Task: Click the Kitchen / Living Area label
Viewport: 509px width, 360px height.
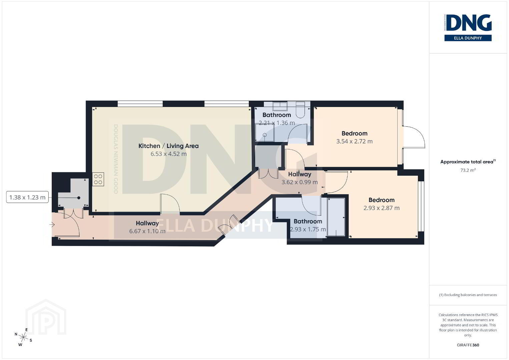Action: point(168,146)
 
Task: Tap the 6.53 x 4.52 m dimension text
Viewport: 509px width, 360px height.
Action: point(168,154)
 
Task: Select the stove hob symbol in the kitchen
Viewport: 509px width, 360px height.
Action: point(98,179)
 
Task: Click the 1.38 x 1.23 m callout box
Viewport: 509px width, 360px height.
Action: point(27,197)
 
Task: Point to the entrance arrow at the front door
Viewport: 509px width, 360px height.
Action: point(52,225)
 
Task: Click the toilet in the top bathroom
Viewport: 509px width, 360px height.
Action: point(301,110)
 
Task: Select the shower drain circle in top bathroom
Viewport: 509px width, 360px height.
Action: point(265,135)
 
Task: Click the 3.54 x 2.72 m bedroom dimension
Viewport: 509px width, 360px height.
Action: point(354,141)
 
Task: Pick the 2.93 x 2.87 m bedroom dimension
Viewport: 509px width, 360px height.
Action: point(381,208)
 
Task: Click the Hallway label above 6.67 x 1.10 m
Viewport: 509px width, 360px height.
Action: point(147,223)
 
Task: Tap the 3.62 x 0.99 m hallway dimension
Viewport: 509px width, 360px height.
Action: point(300,182)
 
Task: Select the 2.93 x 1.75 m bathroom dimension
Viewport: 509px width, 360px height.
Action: point(308,229)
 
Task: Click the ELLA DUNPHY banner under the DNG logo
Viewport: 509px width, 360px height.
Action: point(468,38)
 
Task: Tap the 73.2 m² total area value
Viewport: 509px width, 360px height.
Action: point(468,170)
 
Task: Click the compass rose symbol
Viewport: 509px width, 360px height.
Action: point(23,337)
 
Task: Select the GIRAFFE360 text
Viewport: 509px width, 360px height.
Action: point(468,345)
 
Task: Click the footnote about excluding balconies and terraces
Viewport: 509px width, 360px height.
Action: point(468,295)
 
